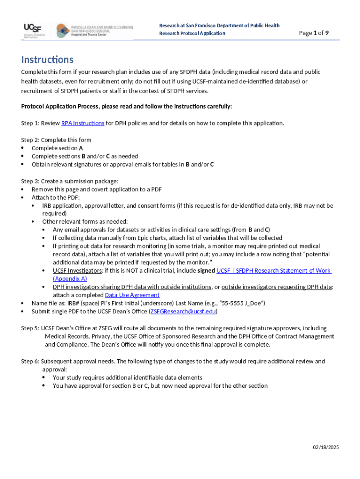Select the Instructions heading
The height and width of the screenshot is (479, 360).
47,60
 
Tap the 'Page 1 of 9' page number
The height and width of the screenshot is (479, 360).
314,33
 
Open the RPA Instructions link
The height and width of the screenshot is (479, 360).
83,123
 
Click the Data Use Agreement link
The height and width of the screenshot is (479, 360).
132,295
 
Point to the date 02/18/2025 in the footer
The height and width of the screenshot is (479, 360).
326,448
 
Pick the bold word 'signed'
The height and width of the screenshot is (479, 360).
206,270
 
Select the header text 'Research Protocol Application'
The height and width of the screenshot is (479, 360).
192,33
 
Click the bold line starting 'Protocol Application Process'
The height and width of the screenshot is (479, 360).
126,107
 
